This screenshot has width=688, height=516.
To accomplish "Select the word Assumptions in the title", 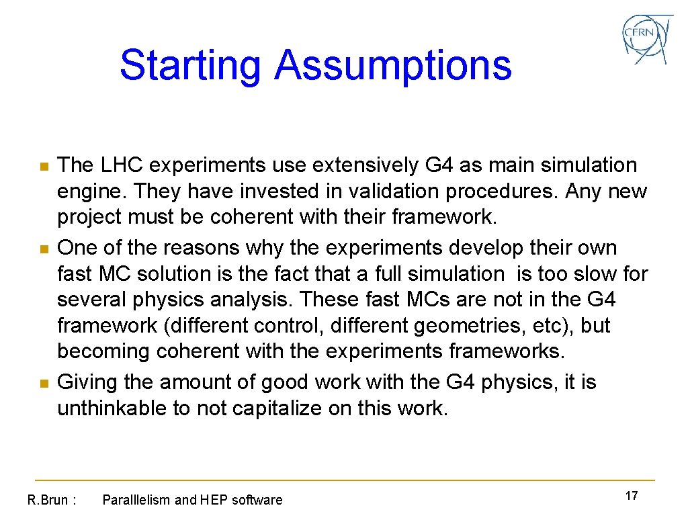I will [393, 66].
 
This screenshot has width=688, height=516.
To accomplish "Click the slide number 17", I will [631, 496].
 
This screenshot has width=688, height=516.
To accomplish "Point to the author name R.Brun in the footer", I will [47, 500].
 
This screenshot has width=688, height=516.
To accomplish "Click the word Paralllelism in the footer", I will [136, 500].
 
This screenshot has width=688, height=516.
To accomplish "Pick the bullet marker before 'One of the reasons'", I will [44, 249].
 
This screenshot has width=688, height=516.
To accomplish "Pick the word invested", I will [248, 192].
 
